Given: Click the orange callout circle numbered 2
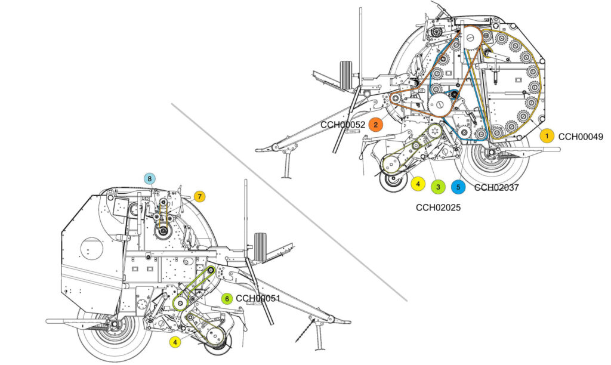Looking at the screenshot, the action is (x=376, y=125).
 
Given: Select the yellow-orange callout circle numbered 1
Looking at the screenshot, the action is (x=547, y=136).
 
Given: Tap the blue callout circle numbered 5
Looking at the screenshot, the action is (x=458, y=187).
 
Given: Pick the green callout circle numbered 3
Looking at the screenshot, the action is (x=438, y=187).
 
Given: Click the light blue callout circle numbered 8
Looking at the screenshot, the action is (x=149, y=179).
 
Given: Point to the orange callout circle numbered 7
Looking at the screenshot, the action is (x=199, y=197).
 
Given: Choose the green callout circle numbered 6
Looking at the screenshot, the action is (x=227, y=299).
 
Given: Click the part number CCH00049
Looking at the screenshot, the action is (x=581, y=137).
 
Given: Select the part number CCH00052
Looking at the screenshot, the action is (x=343, y=125).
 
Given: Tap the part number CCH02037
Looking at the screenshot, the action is (x=496, y=188).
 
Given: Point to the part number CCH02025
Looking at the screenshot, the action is (x=438, y=208).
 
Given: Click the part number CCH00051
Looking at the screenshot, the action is (x=258, y=299).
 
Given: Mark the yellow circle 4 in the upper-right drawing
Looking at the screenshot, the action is (x=418, y=183).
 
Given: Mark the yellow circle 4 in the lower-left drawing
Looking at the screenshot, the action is (x=175, y=342).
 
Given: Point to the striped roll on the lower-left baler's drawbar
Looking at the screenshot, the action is (x=260, y=247).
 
